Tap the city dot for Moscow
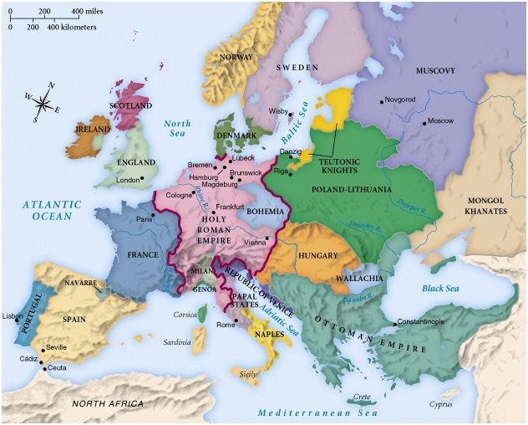(x=424, y=122)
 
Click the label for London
(x=127, y=179)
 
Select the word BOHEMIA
(x=266, y=211)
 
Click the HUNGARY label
(x=317, y=255)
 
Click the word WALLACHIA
(x=358, y=277)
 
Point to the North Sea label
(x=177, y=128)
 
